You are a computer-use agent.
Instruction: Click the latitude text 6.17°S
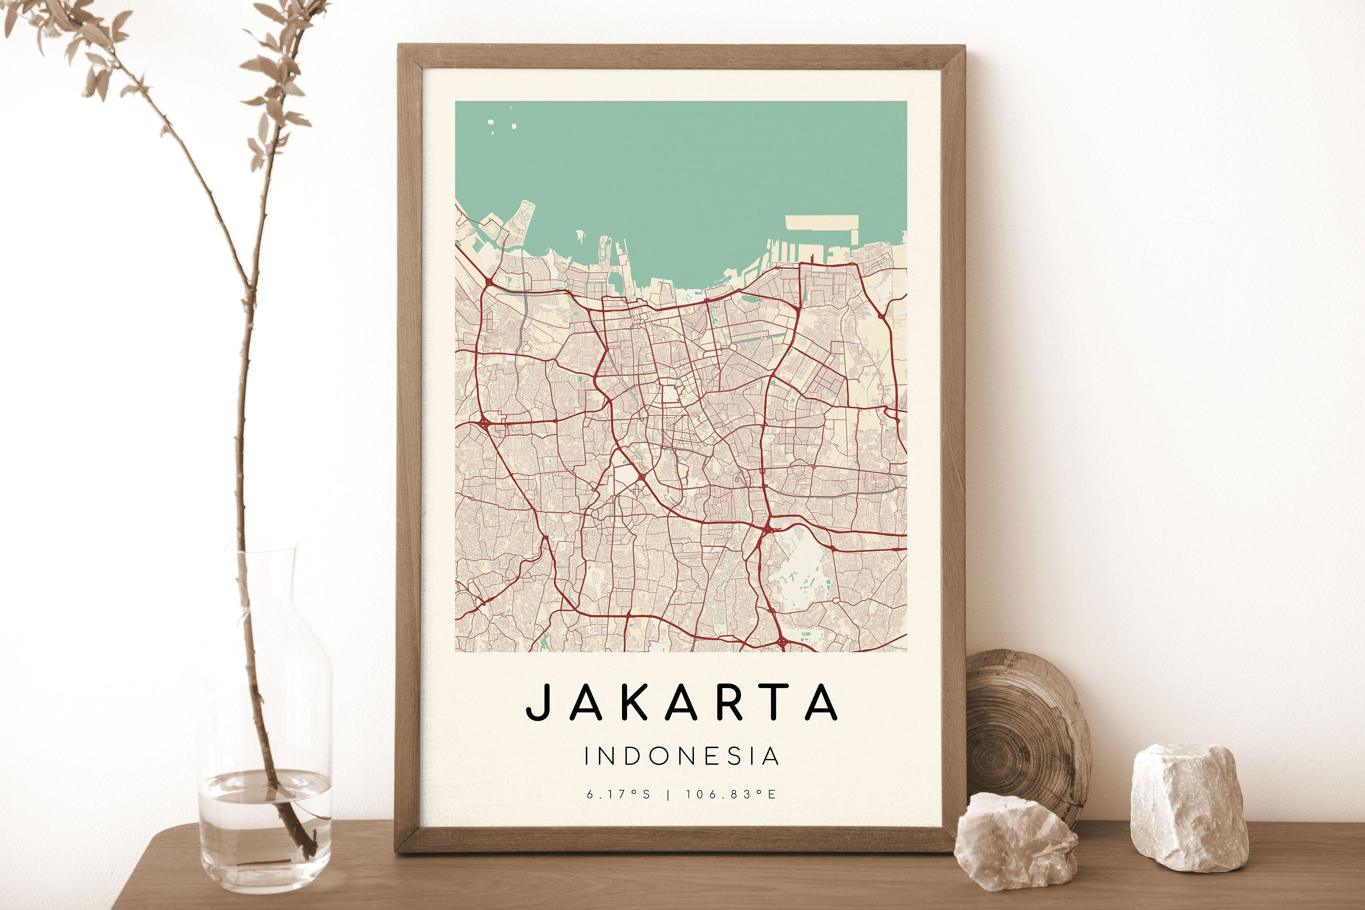(619, 794)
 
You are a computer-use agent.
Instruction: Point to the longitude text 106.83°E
(730, 794)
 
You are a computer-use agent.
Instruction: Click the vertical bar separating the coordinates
(668, 795)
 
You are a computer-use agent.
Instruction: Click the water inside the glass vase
(265, 824)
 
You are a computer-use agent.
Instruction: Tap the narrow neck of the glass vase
(261, 575)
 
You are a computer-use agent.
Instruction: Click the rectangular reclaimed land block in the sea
(821, 222)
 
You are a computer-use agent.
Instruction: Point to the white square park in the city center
(670, 394)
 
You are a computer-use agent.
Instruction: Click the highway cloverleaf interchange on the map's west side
(484, 421)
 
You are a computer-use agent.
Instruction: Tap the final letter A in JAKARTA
(822, 702)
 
